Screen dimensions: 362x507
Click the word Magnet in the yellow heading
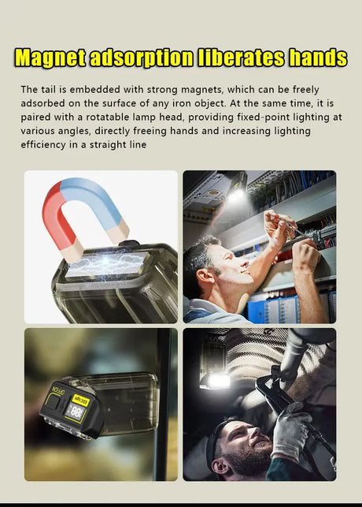(50, 58)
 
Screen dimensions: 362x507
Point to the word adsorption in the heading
(142, 58)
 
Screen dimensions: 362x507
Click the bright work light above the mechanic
(215, 381)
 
